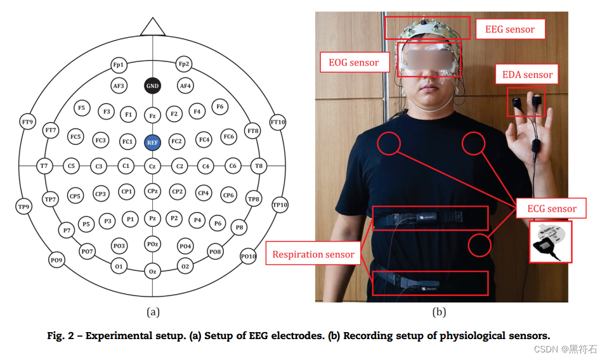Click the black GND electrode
(x=152, y=86)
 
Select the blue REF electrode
(x=152, y=143)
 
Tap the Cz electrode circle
(x=152, y=167)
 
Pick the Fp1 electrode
(x=119, y=65)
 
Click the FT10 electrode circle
(x=278, y=122)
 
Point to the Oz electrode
(x=152, y=271)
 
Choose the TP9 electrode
(x=24, y=207)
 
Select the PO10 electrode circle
(x=248, y=257)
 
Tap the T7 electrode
(x=44, y=167)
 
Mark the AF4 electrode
(x=185, y=86)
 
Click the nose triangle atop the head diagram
(x=152, y=27)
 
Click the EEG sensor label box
(x=510, y=29)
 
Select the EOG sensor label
(x=353, y=62)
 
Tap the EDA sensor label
(x=527, y=74)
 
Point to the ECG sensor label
(x=552, y=209)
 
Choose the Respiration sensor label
(x=313, y=255)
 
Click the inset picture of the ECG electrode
(x=551, y=241)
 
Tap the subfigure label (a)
(x=152, y=312)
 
